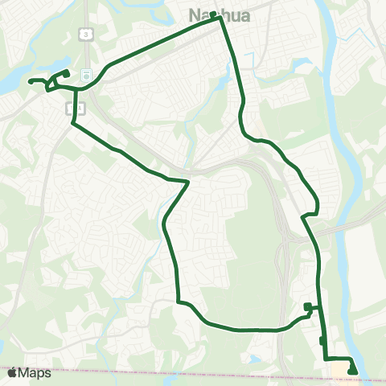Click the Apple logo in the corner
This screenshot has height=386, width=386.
pos(11,372)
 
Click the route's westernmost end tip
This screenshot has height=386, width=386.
pos(29,81)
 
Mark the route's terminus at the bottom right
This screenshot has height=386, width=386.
pos(353,370)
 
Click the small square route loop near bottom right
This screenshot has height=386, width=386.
pos(308,306)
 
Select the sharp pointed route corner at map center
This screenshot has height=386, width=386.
pos(189,182)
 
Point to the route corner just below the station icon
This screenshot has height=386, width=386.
pos(76,90)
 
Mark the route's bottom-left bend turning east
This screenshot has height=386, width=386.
pos(179,302)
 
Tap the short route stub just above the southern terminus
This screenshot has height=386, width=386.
pos(322,341)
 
